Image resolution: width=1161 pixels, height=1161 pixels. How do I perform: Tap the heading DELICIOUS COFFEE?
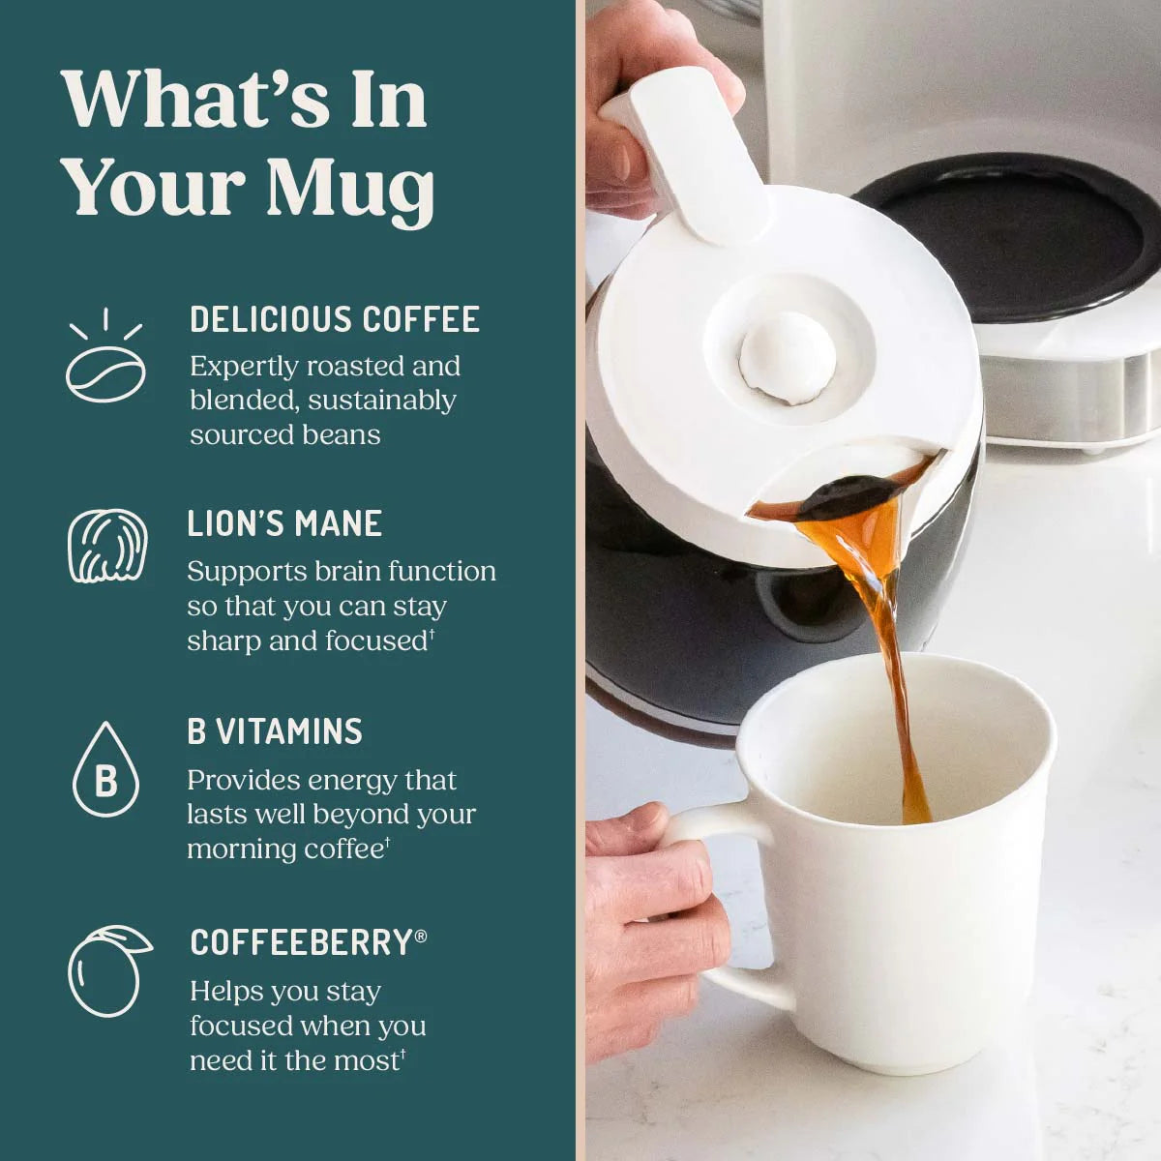335,319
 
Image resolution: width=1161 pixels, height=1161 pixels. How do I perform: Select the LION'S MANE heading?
284,524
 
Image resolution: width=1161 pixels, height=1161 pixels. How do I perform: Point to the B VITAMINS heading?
275,731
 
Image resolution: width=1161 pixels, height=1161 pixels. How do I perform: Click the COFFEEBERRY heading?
301,942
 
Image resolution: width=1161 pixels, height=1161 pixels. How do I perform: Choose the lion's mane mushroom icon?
106,547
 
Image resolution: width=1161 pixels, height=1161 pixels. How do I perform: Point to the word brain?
351,572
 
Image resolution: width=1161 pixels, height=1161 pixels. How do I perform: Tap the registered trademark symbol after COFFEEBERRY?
421,937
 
